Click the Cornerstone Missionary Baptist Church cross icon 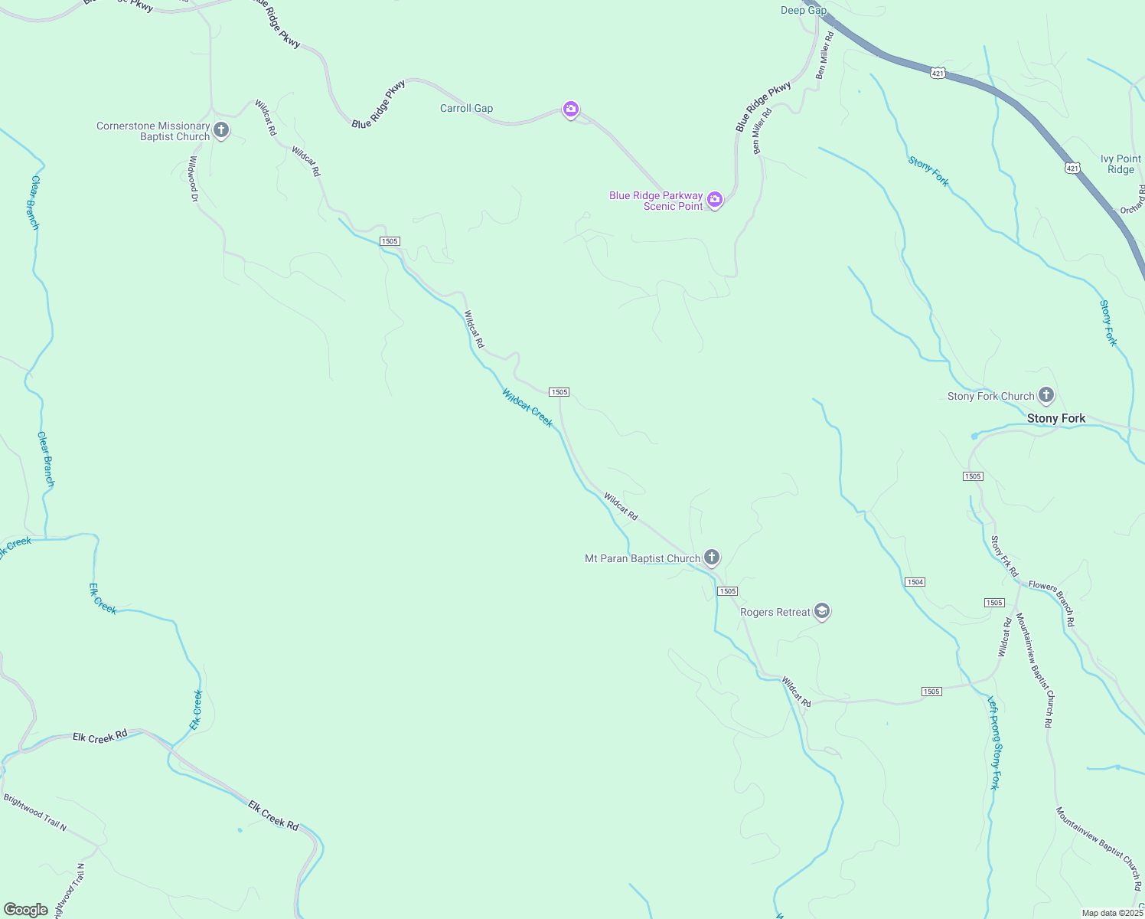(x=221, y=130)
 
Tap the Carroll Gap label (x=466, y=108)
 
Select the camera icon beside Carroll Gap (x=570, y=110)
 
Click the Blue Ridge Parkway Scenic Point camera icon (x=715, y=200)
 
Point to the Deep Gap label (x=804, y=10)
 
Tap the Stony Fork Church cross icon (x=1046, y=395)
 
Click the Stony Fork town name (x=1056, y=418)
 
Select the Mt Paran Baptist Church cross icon (x=712, y=557)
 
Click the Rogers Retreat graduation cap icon (x=822, y=611)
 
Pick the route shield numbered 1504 (x=915, y=582)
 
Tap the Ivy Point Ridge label (x=1121, y=164)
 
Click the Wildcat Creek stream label (x=527, y=407)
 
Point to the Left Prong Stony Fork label (x=993, y=742)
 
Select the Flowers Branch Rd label (x=1052, y=603)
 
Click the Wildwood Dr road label (x=194, y=179)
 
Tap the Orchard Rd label (x=1133, y=200)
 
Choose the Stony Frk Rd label (x=1004, y=556)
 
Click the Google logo (x=26, y=910)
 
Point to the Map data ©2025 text (x=1112, y=913)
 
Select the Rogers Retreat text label (x=775, y=612)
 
